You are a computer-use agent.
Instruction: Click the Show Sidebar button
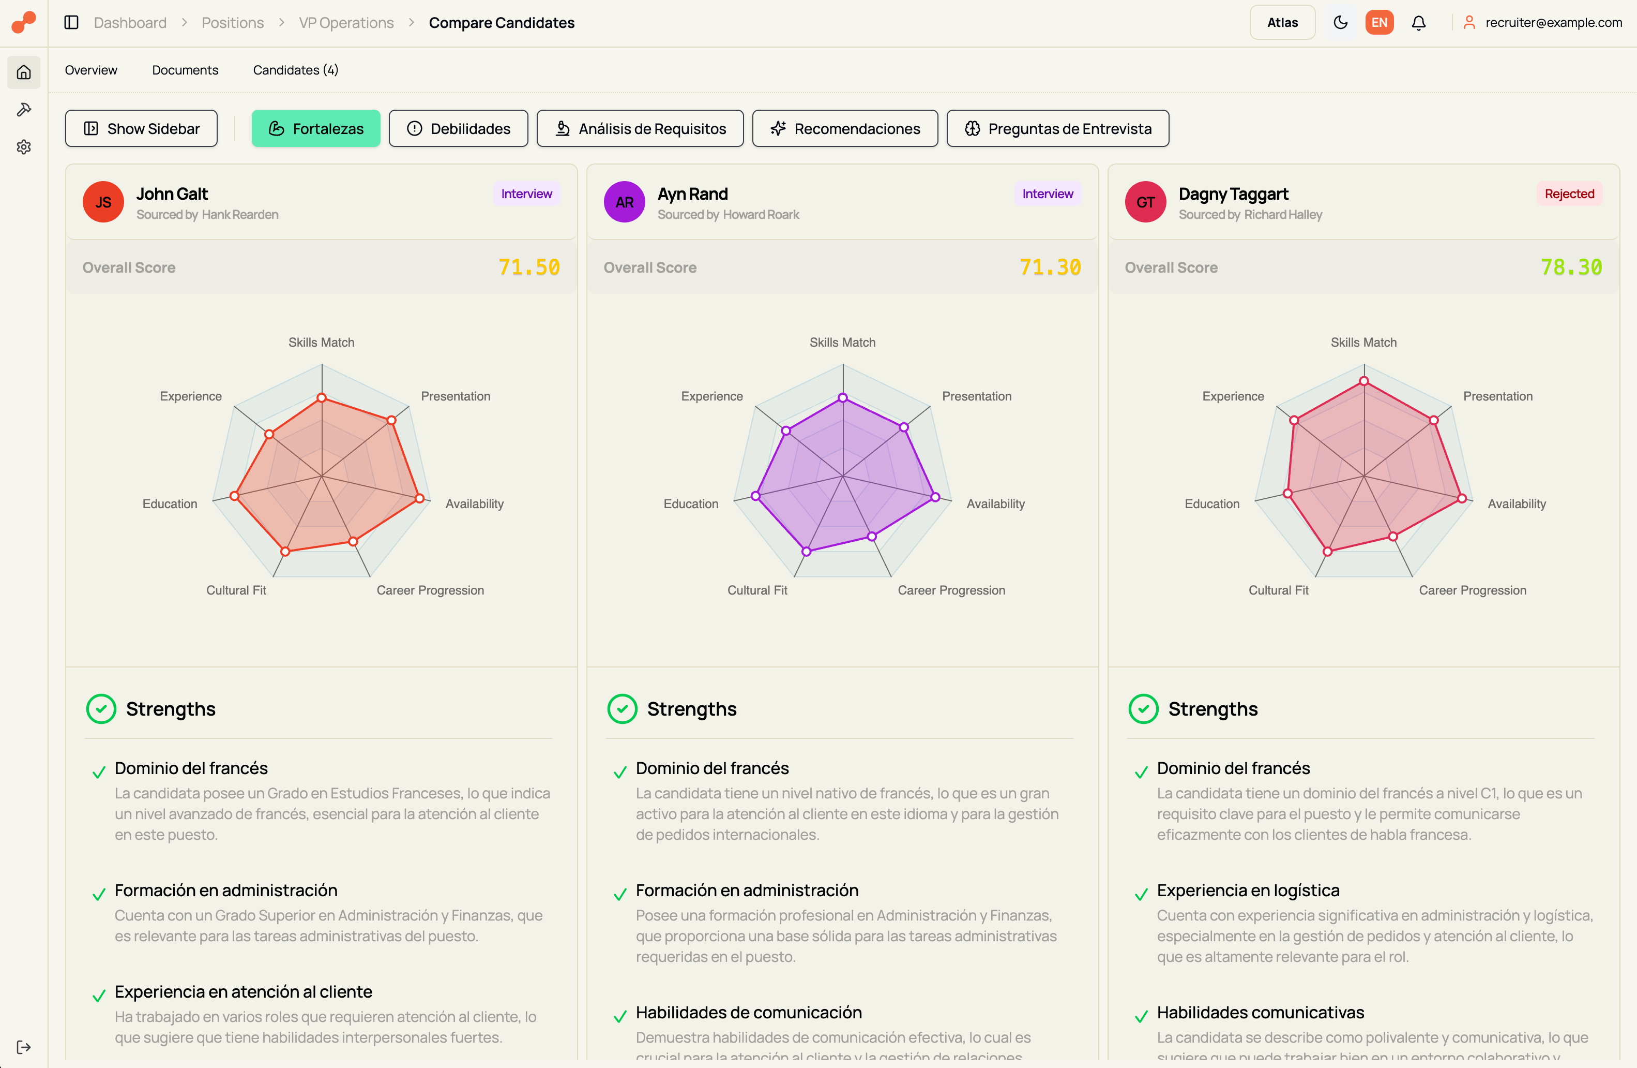pos(141,129)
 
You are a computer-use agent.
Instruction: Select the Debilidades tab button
pos(458,129)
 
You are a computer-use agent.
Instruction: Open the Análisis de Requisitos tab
pos(640,129)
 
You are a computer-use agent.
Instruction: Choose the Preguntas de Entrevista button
pos(1057,129)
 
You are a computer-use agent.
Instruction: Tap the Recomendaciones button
pos(845,129)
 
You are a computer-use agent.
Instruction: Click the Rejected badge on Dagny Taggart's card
pos(1569,194)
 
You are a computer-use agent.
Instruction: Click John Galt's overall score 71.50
pos(528,267)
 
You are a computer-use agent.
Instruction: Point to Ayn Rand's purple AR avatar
pos(624,202)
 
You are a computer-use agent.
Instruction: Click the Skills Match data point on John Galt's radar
pos(321,398)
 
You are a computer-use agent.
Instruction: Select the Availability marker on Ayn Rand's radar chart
pos(935,497)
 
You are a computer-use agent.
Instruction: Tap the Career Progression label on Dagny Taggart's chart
pos(1472,590)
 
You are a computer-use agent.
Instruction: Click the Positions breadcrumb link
pos(233,23)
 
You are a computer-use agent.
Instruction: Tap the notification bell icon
pos(1418,23)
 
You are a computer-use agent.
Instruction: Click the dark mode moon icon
pos(1340,23)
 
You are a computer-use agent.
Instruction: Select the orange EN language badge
pos(1379,23)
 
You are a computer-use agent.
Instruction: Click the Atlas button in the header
pos(1282,23)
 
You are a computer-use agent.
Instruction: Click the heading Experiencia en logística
pos(1248,891)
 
